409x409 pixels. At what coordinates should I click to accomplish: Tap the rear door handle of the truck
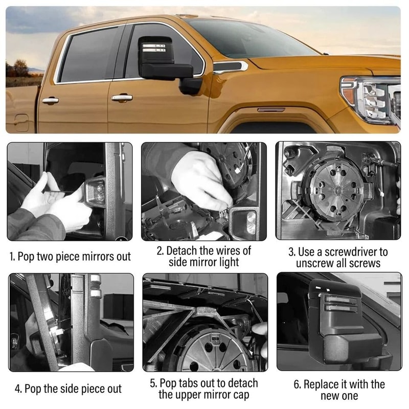(50, 100)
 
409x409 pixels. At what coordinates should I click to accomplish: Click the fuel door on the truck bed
(21, 121)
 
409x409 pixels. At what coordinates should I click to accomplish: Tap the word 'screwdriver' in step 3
(356, 252)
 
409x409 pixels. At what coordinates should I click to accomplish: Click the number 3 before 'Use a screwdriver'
(292, 252)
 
